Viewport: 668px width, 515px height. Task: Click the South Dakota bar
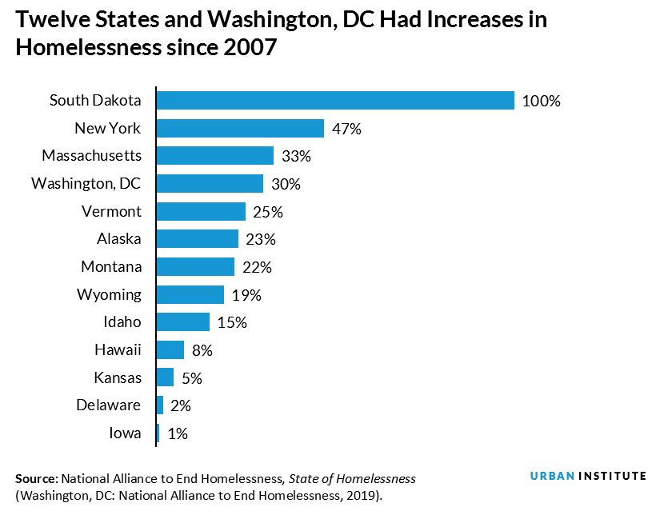pos(335,100)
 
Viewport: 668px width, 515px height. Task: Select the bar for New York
pos(240,128)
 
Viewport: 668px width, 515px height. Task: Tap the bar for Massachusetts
pos(215,155)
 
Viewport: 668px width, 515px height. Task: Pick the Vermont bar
pos(201,211)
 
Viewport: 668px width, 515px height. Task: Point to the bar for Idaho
pos(183,321)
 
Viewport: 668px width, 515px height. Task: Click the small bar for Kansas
pos(165,377)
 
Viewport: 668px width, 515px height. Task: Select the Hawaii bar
pos(170,349)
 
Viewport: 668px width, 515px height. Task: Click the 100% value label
pos(542,102)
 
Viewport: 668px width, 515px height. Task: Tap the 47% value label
pos(347,129)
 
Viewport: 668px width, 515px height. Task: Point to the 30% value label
pos(286,184)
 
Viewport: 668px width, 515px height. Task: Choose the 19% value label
pos(246,295)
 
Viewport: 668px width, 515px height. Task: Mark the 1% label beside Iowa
pos(178,433)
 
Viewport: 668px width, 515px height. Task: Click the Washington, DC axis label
pos(86,184)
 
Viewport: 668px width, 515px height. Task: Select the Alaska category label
pos(118,239)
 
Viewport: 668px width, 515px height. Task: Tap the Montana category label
pos(111,266)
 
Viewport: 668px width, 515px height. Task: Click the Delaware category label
pos(109,405)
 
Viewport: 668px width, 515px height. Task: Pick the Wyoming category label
pos(109,294)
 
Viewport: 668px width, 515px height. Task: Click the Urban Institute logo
pos(588,476)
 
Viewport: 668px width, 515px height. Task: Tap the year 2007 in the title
pos(246,48)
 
